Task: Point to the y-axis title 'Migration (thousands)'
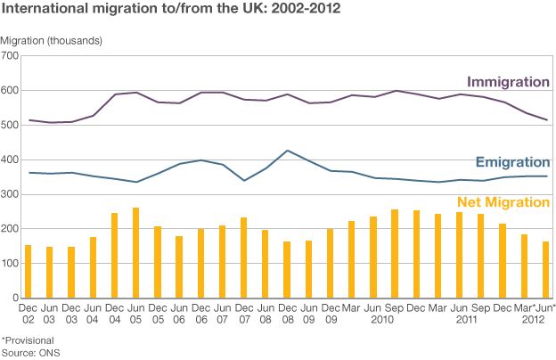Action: (52, 42)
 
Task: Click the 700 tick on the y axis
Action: (10, 56)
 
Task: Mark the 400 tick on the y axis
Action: (10, 160)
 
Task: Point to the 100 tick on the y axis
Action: (10, 264)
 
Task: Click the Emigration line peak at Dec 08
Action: (286, 151)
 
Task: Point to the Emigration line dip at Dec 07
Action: (243, 181)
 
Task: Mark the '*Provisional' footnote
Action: (28, 340)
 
